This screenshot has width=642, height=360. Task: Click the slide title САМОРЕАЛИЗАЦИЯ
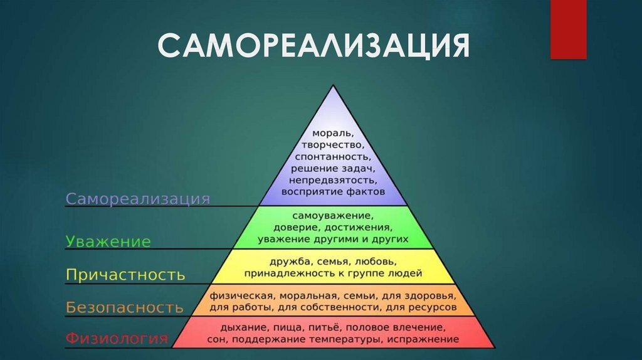(313, 46)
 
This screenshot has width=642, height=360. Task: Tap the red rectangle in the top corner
(568, 29)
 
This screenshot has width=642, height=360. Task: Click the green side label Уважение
(108, 241)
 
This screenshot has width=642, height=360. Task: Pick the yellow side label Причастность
(125, 275)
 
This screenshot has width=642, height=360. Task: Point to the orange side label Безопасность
(125, 307)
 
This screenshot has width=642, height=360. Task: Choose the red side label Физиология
(117, 340)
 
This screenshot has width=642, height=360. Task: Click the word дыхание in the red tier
(242, 327)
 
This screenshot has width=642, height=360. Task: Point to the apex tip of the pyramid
(333, 85)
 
